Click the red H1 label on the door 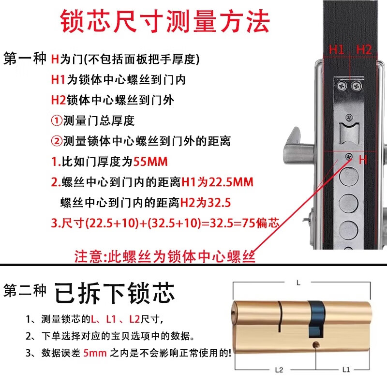[x=337, y=49]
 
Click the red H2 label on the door [x=364, y=49]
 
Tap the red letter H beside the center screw [x=363, y=159]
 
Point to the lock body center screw [x=349, y=156]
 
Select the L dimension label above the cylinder [x=298, y=282]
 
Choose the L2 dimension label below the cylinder [x=279, y=370]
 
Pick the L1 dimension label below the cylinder [x=346, y=370]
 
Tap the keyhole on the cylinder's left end [x=236, y=310]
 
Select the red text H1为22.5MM [x=217, y=182]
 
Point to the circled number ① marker [x=57, y=120]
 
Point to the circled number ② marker [x=57, y=141]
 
